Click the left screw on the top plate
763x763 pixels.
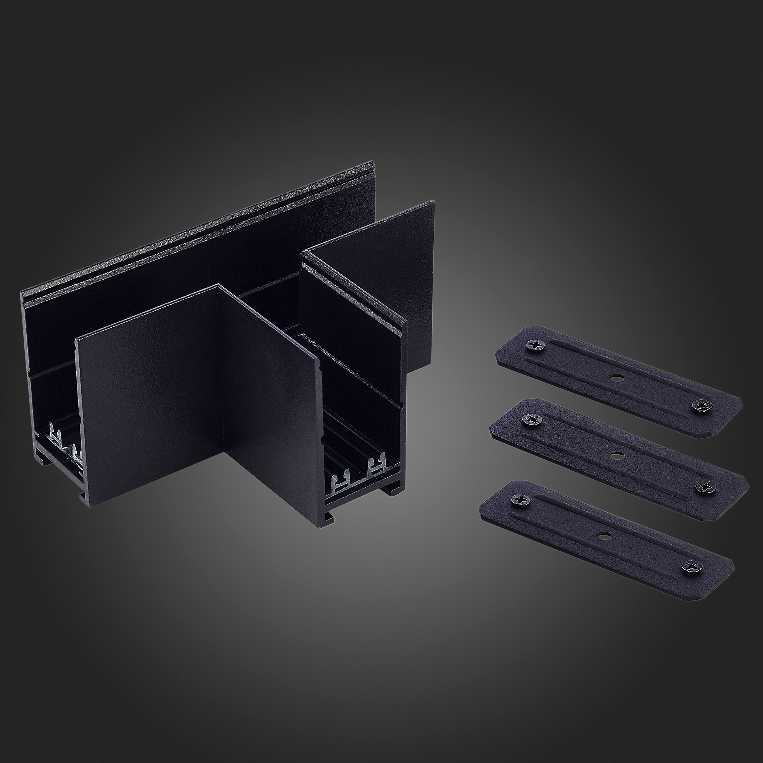pos(532,345)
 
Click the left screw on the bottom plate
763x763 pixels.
pos(517,500)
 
